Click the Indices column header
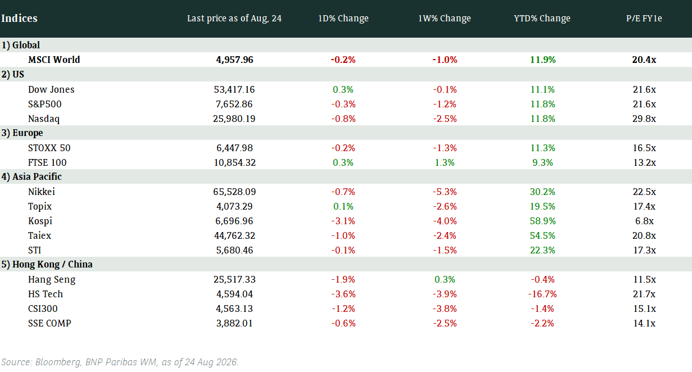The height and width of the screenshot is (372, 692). click(x=19, y=18)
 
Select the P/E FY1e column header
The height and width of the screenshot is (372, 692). click(x=644, y=18)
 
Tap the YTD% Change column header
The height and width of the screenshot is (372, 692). click(x=542, y=18)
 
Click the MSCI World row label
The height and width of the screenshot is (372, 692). click(x=54, y=60)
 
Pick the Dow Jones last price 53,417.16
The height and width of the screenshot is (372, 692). click(x=234, y=89)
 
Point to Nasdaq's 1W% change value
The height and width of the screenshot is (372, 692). click(x=445, y=119)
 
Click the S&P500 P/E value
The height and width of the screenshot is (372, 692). click(x=644, y=104)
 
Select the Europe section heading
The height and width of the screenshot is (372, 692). click(x=22, y=133)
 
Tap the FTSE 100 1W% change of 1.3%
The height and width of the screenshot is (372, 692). click(x=445, y=163)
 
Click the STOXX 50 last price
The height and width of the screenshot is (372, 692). click(x=234, y=148)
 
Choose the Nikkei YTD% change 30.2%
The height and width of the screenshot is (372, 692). click(x=542, y=192)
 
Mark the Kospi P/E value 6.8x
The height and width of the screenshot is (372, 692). click(x=644, y=221)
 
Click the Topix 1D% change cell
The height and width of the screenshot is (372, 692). click(x=343, y=206)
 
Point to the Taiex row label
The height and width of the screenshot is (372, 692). click(x=39, y=235)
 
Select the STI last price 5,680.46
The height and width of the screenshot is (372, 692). click(x=234, y=250)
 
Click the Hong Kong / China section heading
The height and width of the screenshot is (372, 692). click(x=47, y=264)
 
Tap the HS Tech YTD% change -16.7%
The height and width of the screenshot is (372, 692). click(x=542, y=294)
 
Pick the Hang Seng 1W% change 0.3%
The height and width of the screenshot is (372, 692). click(x=445, y=279)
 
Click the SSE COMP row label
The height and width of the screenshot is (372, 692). click(x=49, y=323)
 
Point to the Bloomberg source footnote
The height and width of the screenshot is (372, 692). click(x=120, y=362)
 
